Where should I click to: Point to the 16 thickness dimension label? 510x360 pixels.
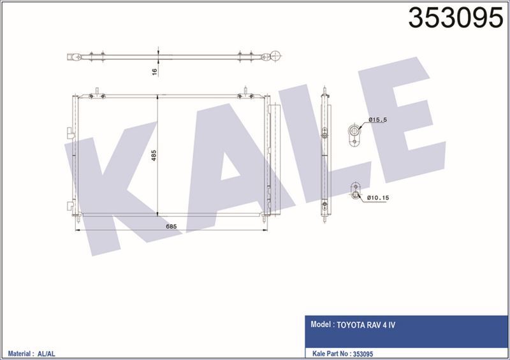click(x=154, y=71)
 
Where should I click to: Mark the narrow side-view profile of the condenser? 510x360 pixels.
click(x=324, y=156)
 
